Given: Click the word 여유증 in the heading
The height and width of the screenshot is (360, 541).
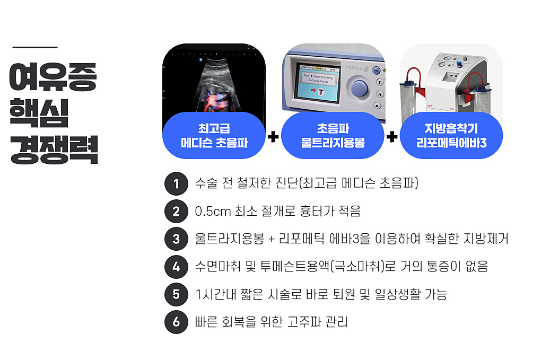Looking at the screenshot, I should tap(53, 77).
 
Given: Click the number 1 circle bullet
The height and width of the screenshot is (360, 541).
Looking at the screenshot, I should tap(176, 184).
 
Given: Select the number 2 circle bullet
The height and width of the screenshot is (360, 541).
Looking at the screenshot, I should tap(176, 212).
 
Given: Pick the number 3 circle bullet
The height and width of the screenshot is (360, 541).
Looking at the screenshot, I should tap(176, 239).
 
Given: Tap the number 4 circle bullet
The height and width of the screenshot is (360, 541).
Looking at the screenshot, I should tap(176, 267).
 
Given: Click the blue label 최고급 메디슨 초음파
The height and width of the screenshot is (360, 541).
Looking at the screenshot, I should tap(214, 136).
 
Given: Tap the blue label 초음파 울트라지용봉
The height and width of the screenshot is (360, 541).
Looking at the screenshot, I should tap(333, 136).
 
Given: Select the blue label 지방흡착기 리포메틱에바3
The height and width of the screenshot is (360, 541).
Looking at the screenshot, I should tap(451, 136).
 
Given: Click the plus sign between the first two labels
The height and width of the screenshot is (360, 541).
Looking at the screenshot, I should tap(273, 137).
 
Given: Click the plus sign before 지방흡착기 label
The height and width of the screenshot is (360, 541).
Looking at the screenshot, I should tap(392, 137).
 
